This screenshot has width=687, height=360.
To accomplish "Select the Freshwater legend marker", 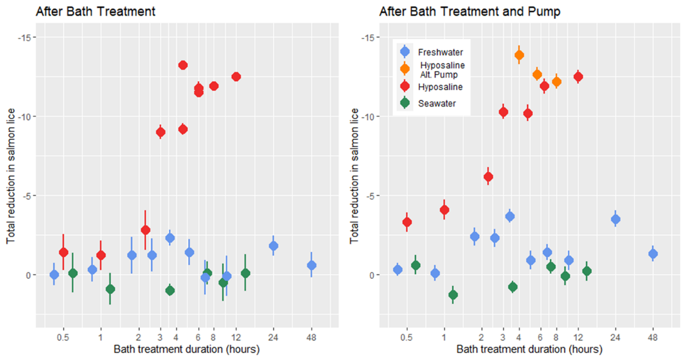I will pos(405,52).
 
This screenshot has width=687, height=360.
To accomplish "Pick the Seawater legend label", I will pos(437,103).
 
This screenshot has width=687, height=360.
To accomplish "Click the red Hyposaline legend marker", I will pos(405,87).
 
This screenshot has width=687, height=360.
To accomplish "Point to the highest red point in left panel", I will pos(183,65).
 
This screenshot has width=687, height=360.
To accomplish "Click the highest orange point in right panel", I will pos(519,55).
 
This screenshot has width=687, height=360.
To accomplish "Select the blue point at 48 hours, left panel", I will pos(311,265).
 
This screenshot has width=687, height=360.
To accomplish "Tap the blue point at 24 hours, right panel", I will pos(616,219).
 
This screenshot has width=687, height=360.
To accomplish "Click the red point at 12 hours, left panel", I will pos(237,77).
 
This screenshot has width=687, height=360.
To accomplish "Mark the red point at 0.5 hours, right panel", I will pos(407,222).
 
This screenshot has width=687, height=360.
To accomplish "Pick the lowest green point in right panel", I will pos(453,295).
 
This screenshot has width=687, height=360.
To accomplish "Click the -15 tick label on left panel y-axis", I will pos(25,37).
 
